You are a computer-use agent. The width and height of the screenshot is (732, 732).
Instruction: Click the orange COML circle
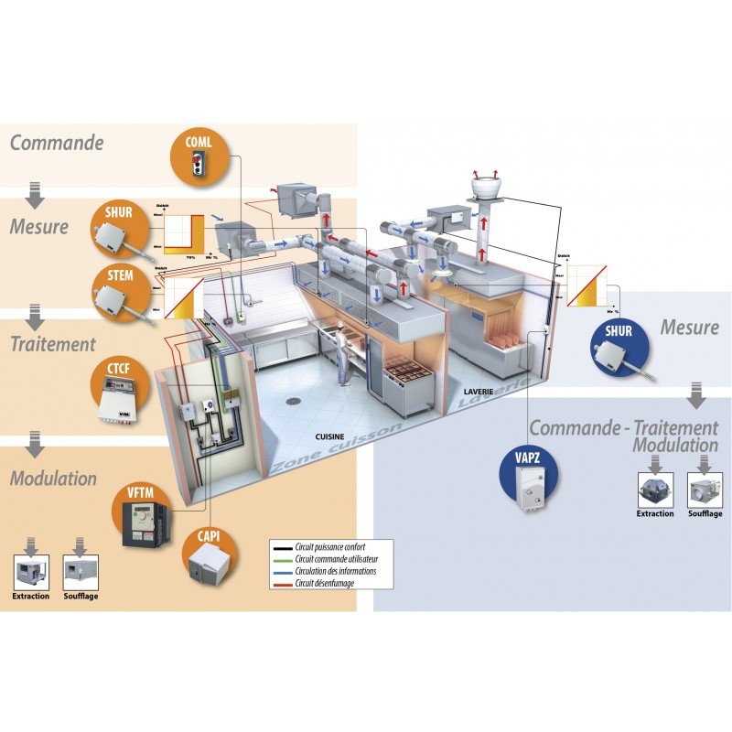tap(201, 151)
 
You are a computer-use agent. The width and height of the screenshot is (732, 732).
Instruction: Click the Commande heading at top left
tap(56, 143)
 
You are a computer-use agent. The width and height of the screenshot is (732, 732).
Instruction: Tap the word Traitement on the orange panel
tap(52, 344)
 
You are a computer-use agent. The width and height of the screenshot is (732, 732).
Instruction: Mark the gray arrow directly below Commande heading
tap(35, 195)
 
